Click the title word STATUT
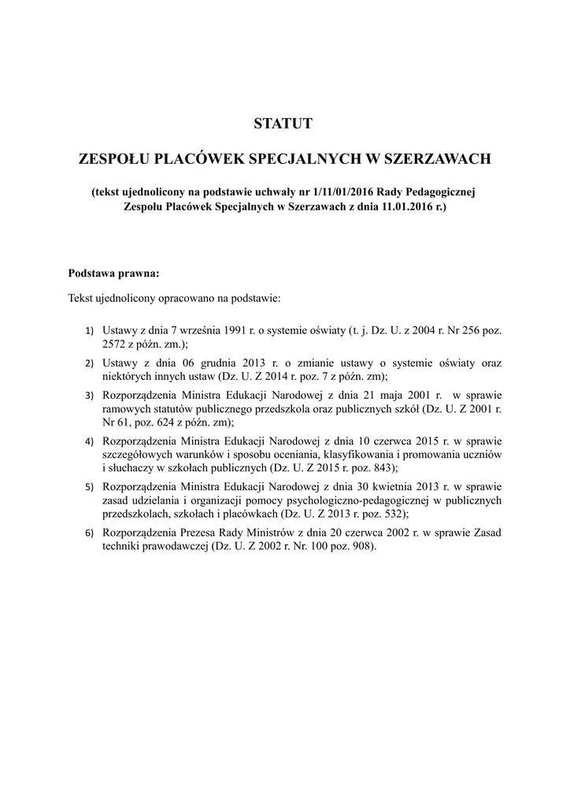point(284,124)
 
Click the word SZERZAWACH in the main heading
point(436,159)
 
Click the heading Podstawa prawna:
point(114,274)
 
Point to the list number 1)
point(89,333)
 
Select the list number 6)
point(89,534)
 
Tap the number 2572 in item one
point(116,344)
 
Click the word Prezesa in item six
point(195,534)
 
